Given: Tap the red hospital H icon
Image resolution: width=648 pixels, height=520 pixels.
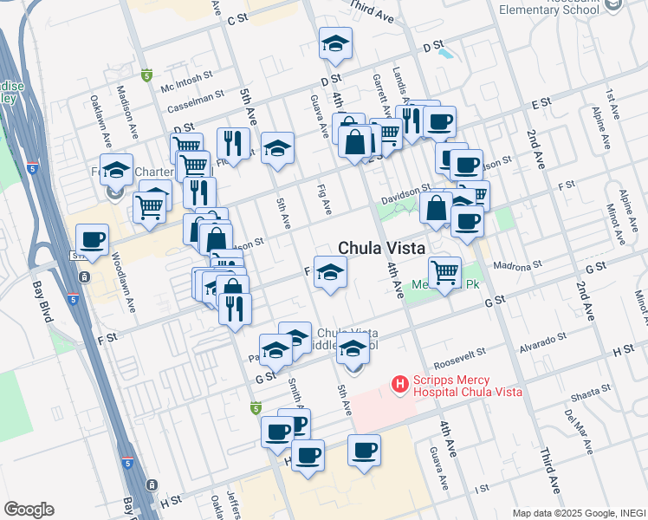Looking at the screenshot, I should click(x=399, y=382).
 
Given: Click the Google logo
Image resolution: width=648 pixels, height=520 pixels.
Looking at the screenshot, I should click(x=29, y=510).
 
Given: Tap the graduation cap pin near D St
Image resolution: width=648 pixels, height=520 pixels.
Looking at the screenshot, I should click(x=335, y=42).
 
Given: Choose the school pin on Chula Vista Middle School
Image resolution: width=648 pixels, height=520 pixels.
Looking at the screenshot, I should click(x=353, y=351).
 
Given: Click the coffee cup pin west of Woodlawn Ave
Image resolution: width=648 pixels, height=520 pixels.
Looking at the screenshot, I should click(x=92, y=239).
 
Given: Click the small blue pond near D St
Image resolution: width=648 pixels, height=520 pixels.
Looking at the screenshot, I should click(x=446, y=53).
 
